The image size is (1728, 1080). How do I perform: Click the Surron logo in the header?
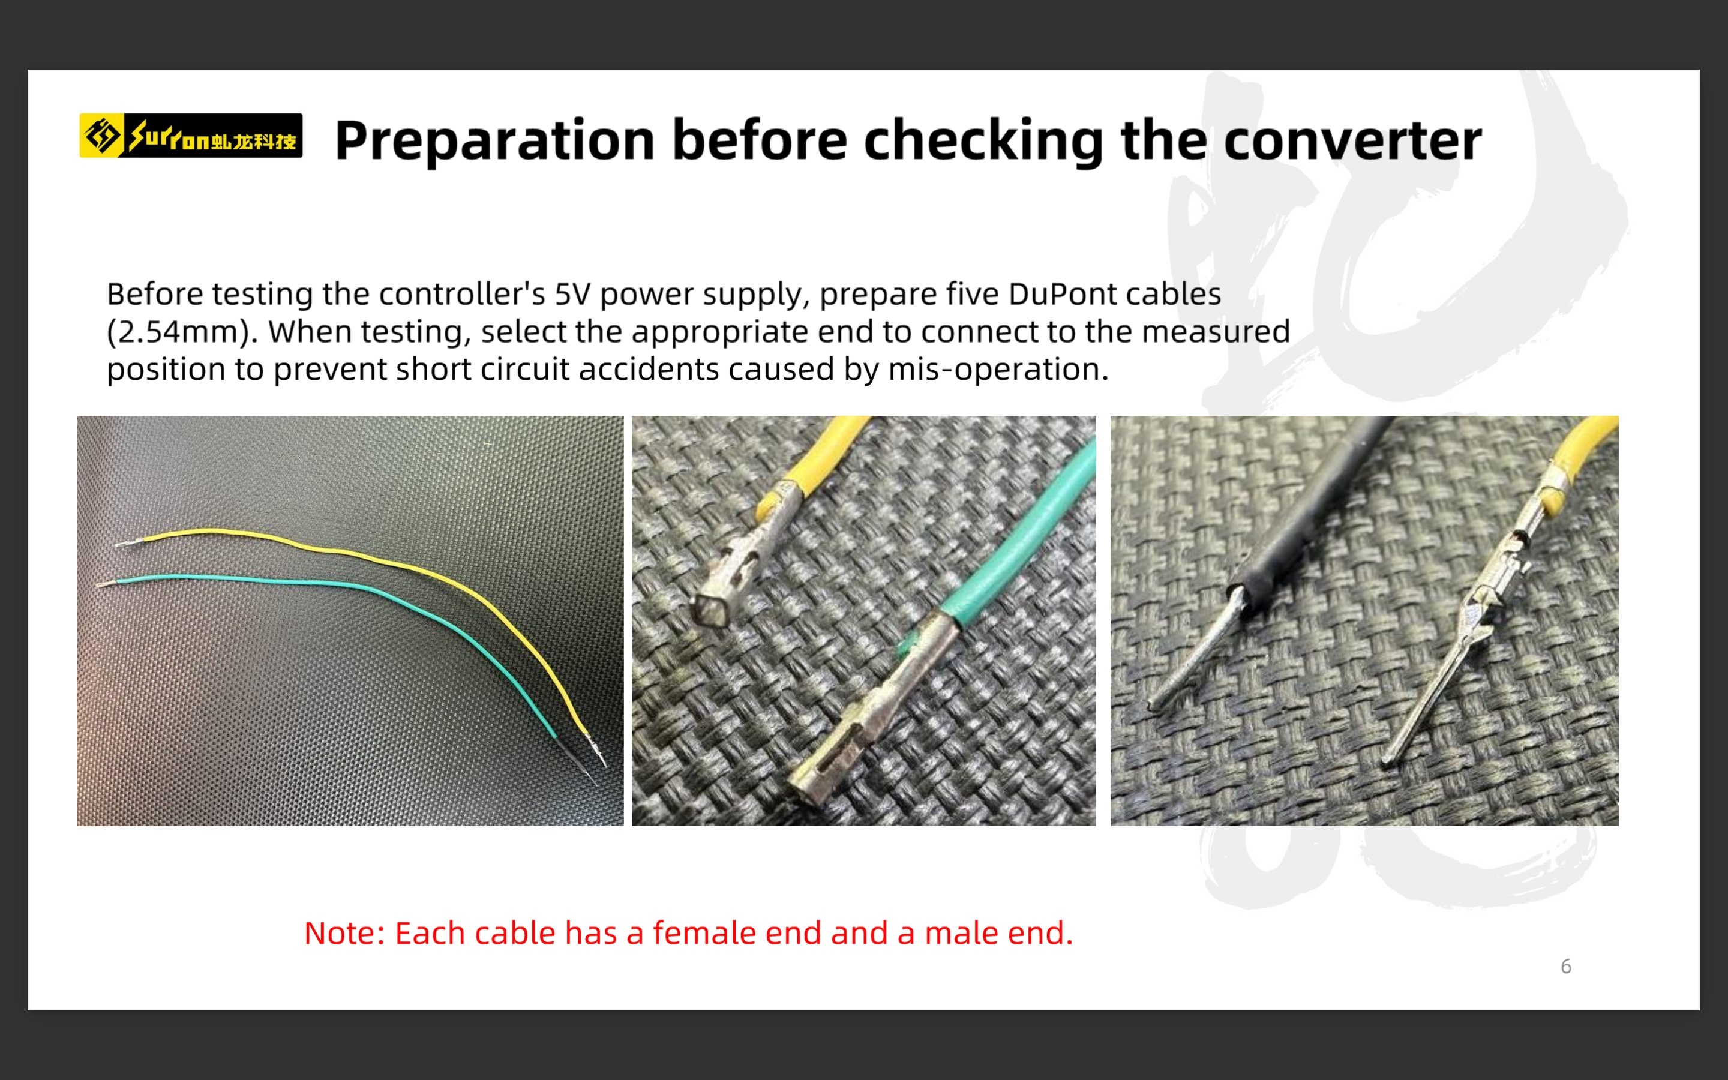tap(191, 135)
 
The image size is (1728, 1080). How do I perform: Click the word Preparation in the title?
tap(495, 141)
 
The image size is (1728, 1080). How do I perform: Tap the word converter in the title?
tap(1352, 141)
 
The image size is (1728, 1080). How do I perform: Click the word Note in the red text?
tap(345, 933)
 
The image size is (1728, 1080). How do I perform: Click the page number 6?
tap(1566, 967)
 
